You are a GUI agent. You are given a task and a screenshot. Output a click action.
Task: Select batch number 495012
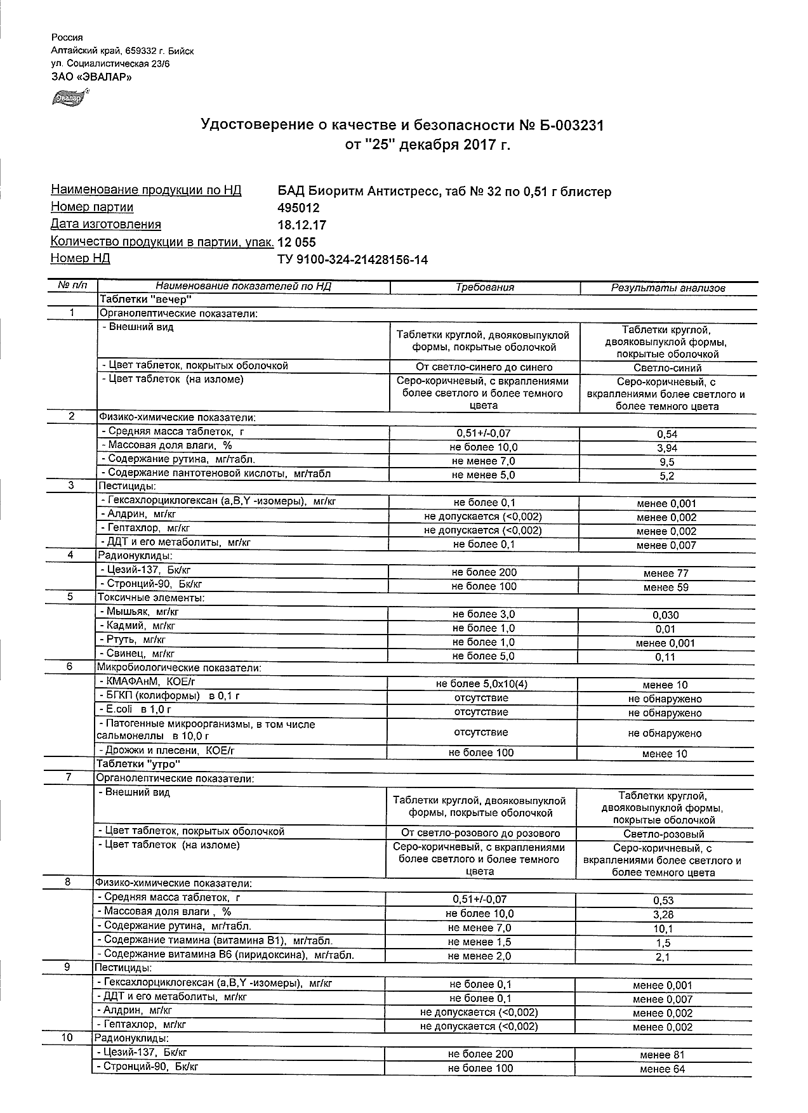[298, 208]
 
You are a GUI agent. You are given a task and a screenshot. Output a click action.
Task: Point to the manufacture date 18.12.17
[302, 225]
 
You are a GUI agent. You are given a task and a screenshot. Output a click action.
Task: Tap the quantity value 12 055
[297, 242]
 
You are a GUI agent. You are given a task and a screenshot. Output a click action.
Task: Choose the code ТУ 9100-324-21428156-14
[352, 260]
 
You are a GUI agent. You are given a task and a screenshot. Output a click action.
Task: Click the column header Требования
[485, 287]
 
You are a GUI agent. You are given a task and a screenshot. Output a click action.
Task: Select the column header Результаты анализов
[668, 288]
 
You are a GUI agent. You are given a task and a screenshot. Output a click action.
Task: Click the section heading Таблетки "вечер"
[145, 299]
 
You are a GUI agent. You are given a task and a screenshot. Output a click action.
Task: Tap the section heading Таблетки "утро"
[138, 764]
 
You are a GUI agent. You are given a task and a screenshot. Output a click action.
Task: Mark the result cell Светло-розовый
[664, 834]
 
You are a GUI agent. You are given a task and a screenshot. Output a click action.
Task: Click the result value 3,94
[666, 448]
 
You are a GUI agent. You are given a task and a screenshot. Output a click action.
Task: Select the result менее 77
[666, 574]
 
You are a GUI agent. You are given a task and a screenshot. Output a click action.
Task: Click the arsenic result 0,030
[666, 616]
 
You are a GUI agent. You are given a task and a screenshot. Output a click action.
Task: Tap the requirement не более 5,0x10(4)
[482, 685]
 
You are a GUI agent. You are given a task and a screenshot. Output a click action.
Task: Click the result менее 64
[663, 1069]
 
